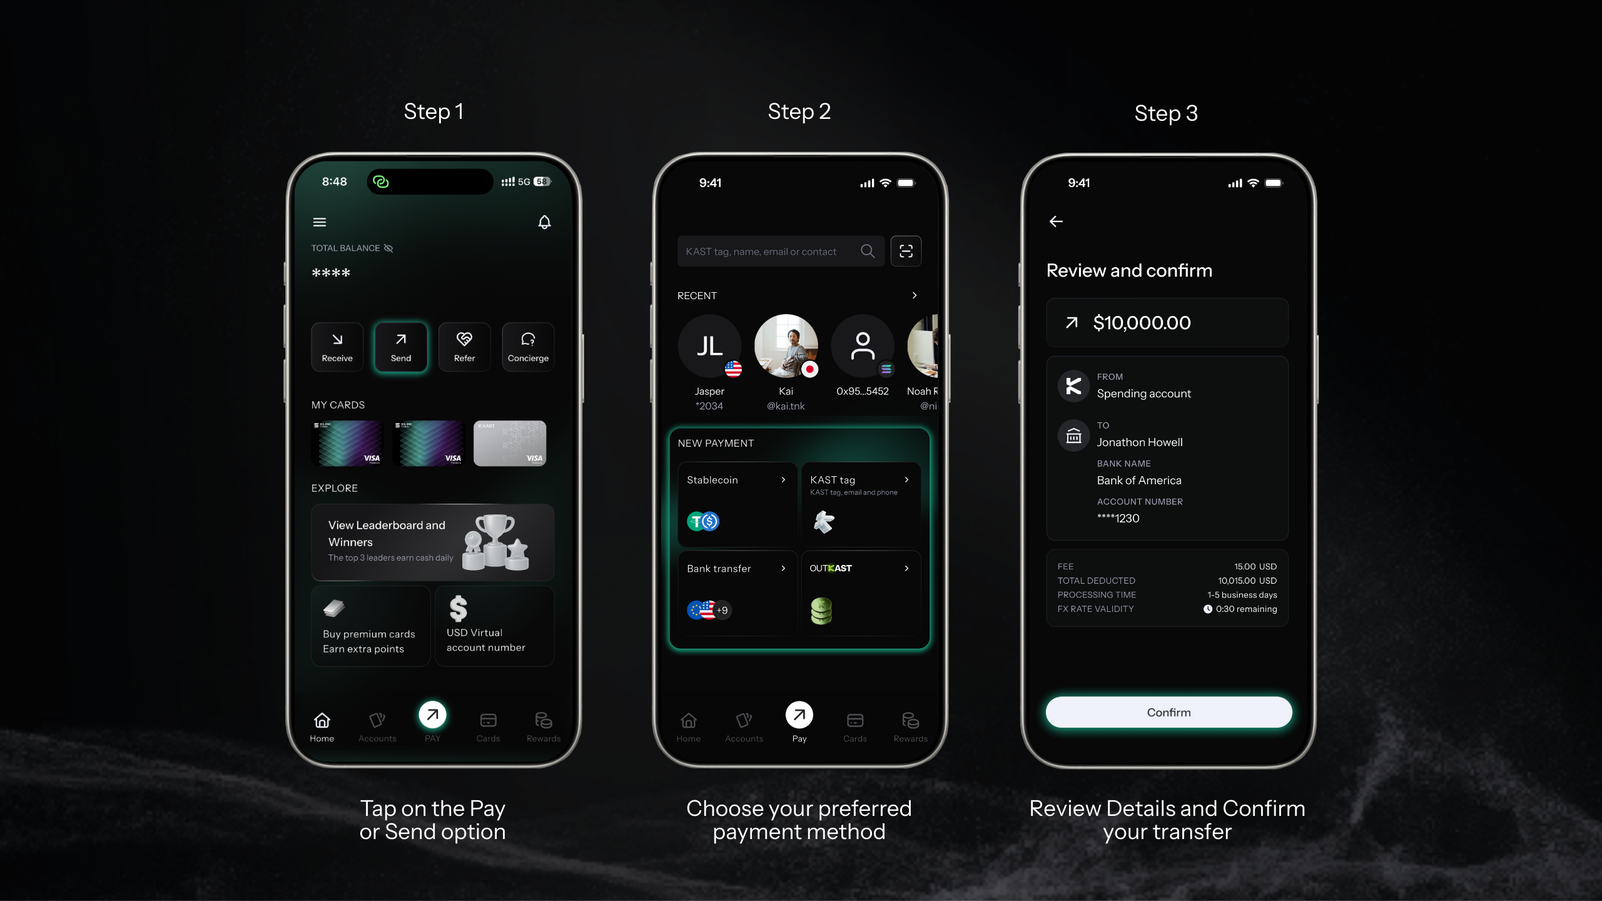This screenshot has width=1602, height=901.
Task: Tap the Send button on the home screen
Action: pos(401,347)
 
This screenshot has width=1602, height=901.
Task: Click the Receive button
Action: pos(337,347)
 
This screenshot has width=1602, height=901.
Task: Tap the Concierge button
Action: pos(528,347)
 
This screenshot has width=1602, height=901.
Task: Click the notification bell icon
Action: pos(544,222)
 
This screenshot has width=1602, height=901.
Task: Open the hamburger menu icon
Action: pos(320,222)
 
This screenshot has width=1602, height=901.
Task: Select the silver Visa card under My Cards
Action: pos(510,443)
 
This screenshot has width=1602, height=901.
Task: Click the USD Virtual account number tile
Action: pos(494,626)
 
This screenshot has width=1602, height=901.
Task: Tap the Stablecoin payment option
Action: pos(737,504)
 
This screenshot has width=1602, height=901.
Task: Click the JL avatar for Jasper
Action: pos(709,346)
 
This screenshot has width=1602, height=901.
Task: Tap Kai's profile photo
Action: pos(786,346)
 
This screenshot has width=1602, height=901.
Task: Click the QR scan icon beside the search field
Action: pos(906,251)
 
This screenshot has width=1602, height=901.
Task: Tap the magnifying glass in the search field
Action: pos(868,251)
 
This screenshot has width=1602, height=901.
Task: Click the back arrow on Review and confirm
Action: pos(1056,221)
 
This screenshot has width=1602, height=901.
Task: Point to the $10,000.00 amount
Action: pos(1142,323)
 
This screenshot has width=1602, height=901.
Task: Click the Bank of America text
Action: pos(1139,481)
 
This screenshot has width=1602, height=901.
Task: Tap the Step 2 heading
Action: pos(799,111)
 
